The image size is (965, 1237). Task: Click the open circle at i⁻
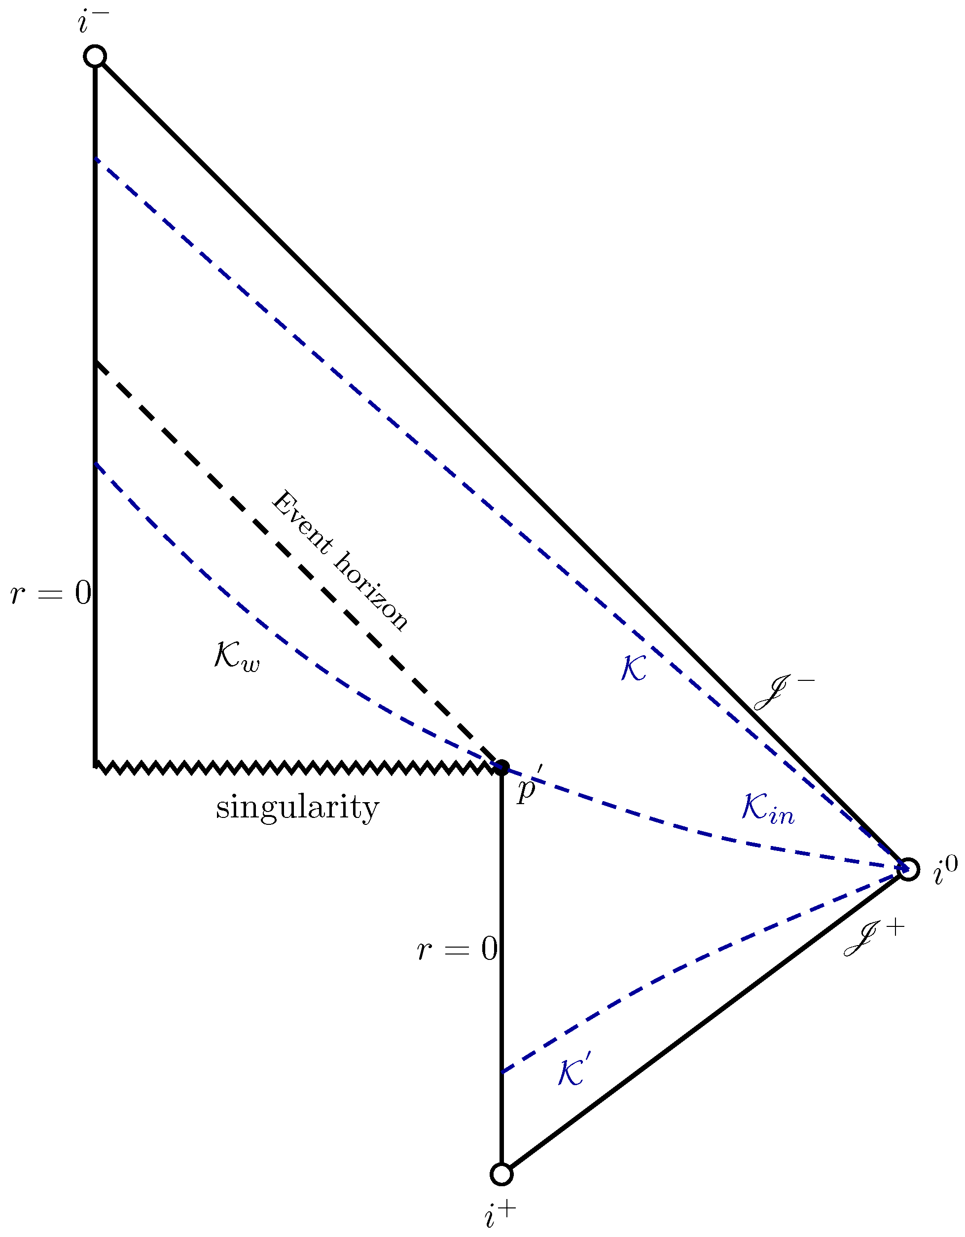pyautogui.click(x=95, y=56)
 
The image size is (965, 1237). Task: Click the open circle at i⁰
pyautogui.click(x=908, y=869)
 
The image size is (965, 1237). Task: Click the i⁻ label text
pyautogui.click(x=93, y=22)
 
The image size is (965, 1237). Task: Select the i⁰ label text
pyautogui.click(x=945, y=871)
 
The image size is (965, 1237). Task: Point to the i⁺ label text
pyautogui.click(x=500, y=1214)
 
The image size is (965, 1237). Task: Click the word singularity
pyautogui.click(x=297, y=808)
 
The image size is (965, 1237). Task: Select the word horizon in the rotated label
pyautogui.click(x=371, y=593)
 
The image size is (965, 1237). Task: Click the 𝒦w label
pyautogui.click(x=237, y=657)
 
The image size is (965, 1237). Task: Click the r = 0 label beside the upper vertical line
pyautogui.click(x=51, y=594)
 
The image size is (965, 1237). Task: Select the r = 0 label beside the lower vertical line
pyautogui.click(x=457, y=948)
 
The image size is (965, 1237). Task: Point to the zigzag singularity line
pyautogui.click(x=294, y=768)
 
